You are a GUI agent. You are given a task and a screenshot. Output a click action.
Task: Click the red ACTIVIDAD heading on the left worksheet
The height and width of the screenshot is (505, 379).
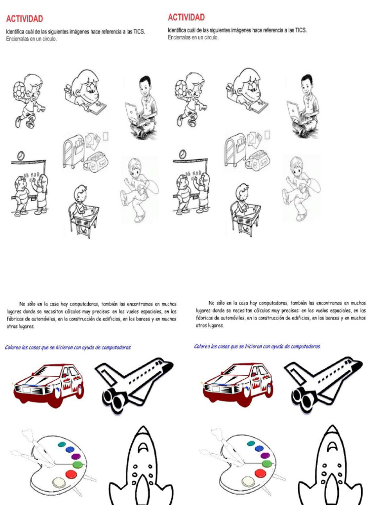pyautogui.click(x=24, y=19)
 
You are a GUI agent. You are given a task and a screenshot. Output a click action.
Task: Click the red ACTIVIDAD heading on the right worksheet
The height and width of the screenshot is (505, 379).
pyautogui.click(x=186, y=17)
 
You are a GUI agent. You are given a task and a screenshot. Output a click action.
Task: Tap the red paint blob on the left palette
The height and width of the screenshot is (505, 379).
pyautogui.click(x=71, y=474)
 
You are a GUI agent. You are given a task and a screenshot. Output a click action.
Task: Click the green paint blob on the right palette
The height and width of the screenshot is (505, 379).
pyautogui.click(x=266, y=464)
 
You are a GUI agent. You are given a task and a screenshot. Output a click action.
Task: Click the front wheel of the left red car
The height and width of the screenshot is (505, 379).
pyautogui.click(x=54, y=397)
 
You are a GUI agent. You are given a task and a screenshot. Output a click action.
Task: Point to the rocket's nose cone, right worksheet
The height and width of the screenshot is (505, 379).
pyautogui.click(x=332, y=434)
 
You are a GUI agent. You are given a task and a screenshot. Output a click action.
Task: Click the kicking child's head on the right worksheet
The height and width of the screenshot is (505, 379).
pyautogui.click(x=296, y=166)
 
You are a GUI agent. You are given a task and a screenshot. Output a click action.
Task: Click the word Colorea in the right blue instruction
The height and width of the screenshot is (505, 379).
pyautogui.click(x=203, y=346)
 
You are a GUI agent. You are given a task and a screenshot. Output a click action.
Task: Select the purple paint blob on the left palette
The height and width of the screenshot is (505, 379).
pyautogui.click(x=76, y=456)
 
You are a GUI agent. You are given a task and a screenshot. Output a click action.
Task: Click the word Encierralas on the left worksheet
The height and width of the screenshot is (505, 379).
pyautogui.click(x=18, y=39)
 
